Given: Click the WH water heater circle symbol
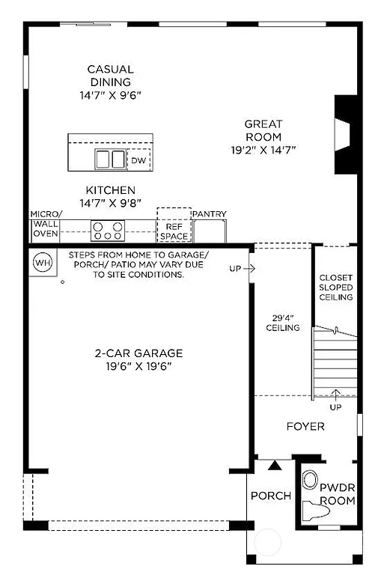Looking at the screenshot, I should (42, 263).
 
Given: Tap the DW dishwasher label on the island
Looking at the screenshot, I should (138, 160).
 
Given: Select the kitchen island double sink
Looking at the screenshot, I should (110, 159).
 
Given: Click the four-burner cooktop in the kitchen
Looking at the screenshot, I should (107, 230).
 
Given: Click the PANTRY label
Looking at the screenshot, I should (210, 214).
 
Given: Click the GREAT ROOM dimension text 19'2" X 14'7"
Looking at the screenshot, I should (263, 149).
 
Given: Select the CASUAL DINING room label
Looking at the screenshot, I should (110, 76).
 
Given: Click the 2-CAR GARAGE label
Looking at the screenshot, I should (138, 353).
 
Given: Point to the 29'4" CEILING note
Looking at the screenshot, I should (283, 322).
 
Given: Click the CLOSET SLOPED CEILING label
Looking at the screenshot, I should (335, 287).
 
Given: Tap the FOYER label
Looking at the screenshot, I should (305, 427).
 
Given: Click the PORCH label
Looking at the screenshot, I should (270, 496).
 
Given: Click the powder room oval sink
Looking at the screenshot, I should (308, 479).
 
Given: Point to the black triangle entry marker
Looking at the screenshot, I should (275, 466).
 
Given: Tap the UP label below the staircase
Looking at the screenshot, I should (335, 407).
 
